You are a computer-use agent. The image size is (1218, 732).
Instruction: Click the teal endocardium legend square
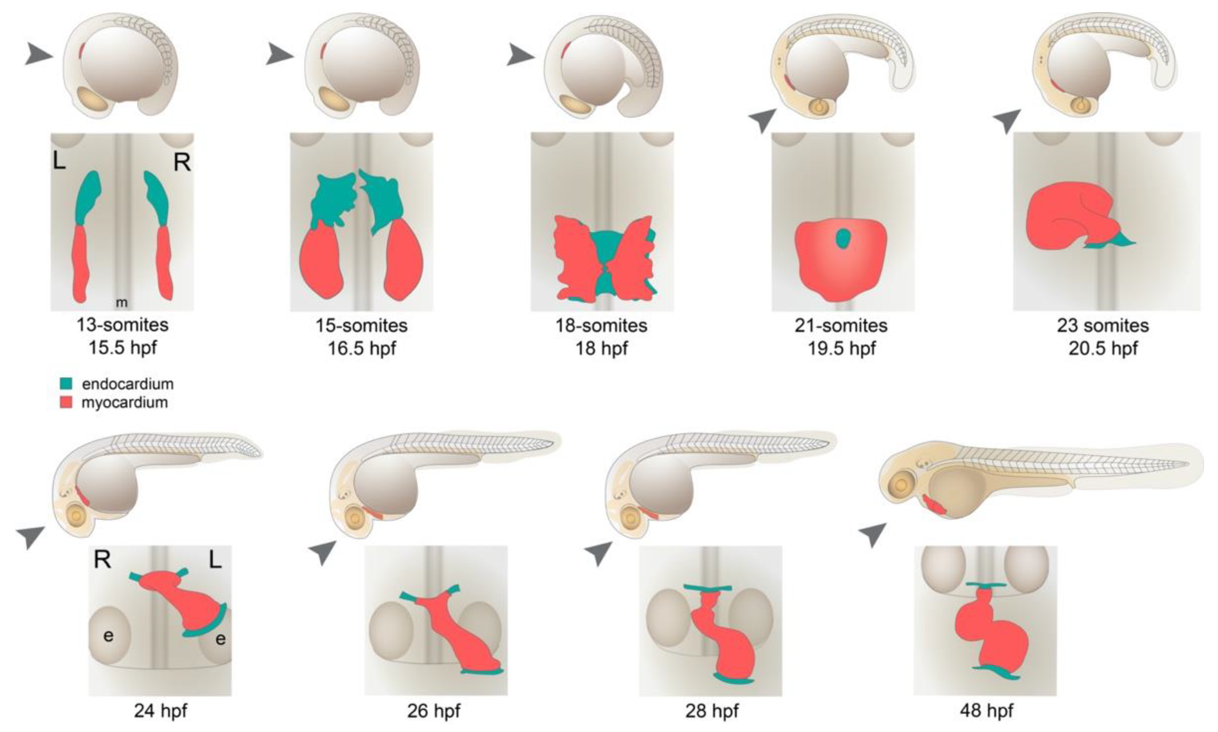pos(66,384)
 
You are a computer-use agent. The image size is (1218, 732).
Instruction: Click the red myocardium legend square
pos(66,403)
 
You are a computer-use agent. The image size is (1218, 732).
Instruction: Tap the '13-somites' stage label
pos(122,325)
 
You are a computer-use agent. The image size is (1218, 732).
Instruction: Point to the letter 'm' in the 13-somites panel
pos(121,302)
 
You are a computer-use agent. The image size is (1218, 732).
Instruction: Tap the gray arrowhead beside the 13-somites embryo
pos(39,54)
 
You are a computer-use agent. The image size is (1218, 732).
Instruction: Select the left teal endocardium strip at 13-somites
pos(87,197)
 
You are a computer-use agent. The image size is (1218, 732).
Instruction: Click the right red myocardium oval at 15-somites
pos(404,259)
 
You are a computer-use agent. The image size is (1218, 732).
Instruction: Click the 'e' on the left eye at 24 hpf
pos(108,636)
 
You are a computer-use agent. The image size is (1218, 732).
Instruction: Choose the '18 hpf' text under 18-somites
pos(601,349)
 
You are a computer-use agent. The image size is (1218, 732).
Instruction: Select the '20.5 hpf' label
pos(1103,349)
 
